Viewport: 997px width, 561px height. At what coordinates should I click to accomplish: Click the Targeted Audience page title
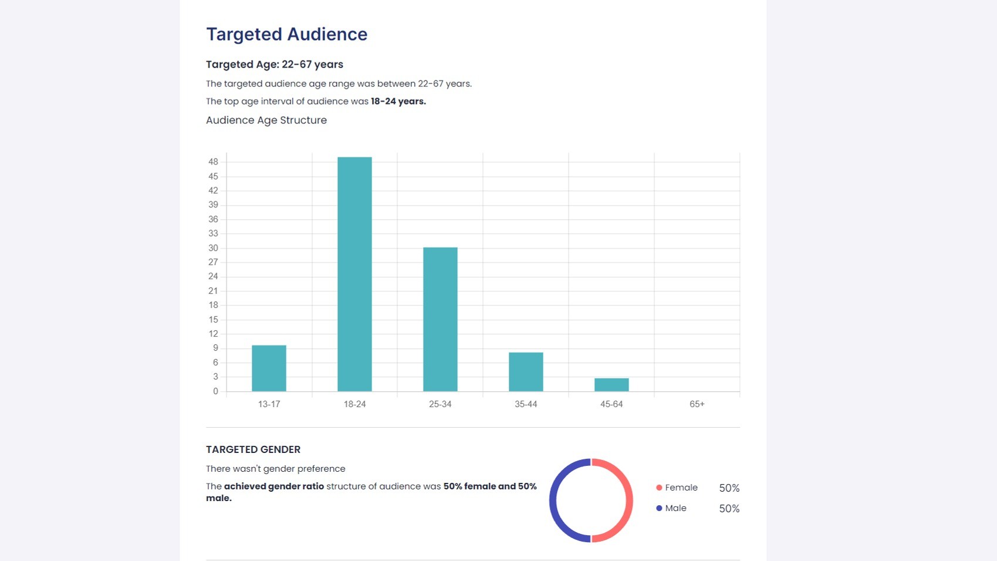(286, 34)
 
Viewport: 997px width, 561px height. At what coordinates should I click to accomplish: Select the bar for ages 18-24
(355, 274)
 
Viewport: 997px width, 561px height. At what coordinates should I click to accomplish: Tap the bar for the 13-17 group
(269, 368)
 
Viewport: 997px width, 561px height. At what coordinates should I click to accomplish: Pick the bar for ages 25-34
(440, 320)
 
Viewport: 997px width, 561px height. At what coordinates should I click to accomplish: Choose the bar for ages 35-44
(526, 372)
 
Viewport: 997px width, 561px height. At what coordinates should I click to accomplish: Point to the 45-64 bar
(611, 385)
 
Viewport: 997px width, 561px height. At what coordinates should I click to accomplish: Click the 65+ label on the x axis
(697, 404)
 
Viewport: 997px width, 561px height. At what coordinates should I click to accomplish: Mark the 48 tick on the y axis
(213, 162)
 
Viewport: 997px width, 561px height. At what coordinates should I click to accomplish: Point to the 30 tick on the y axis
(213, 248)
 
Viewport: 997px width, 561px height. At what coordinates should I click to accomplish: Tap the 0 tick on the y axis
(215, 391)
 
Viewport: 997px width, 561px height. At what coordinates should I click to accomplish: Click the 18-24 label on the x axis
(355, 404)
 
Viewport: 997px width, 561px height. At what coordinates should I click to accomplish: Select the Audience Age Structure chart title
(266, 120)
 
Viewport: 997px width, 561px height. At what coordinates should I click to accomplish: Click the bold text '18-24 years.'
(398, 101)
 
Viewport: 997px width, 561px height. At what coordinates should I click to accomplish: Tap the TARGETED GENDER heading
(254, 449)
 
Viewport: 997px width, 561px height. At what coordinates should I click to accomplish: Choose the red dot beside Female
(659, 488)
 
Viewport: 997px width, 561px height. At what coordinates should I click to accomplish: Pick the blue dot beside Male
(659, 508)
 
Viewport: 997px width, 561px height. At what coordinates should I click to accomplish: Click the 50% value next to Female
(729, 488)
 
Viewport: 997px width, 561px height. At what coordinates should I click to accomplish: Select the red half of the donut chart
(629, 500)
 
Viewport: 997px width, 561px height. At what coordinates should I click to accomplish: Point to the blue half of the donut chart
(553, 500)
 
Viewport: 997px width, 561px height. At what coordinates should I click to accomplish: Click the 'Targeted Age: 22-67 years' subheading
(275, 65)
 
